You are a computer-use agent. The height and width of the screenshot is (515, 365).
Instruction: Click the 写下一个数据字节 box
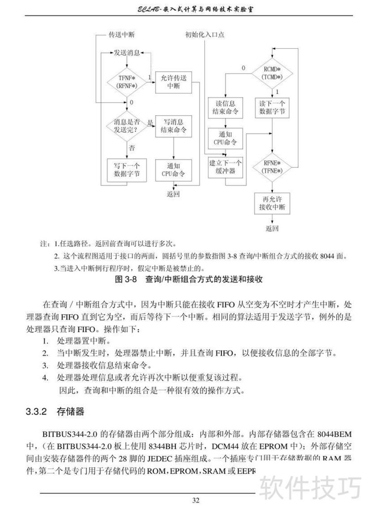(126, 169)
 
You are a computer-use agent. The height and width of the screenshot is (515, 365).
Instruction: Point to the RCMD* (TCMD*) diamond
(273, 73)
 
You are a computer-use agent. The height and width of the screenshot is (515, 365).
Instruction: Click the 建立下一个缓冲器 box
(225, 167)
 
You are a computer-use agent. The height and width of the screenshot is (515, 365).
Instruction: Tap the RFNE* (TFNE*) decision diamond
(273, 167)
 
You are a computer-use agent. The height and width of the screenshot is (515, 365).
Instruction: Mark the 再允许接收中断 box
(272, 203)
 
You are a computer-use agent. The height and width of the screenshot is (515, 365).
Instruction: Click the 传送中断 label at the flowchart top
(121, 35)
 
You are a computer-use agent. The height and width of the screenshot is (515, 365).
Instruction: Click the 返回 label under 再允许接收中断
(272, 228)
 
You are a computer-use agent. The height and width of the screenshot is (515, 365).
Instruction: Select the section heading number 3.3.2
(36, 412)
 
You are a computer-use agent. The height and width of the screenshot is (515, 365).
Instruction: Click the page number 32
(196, 500)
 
